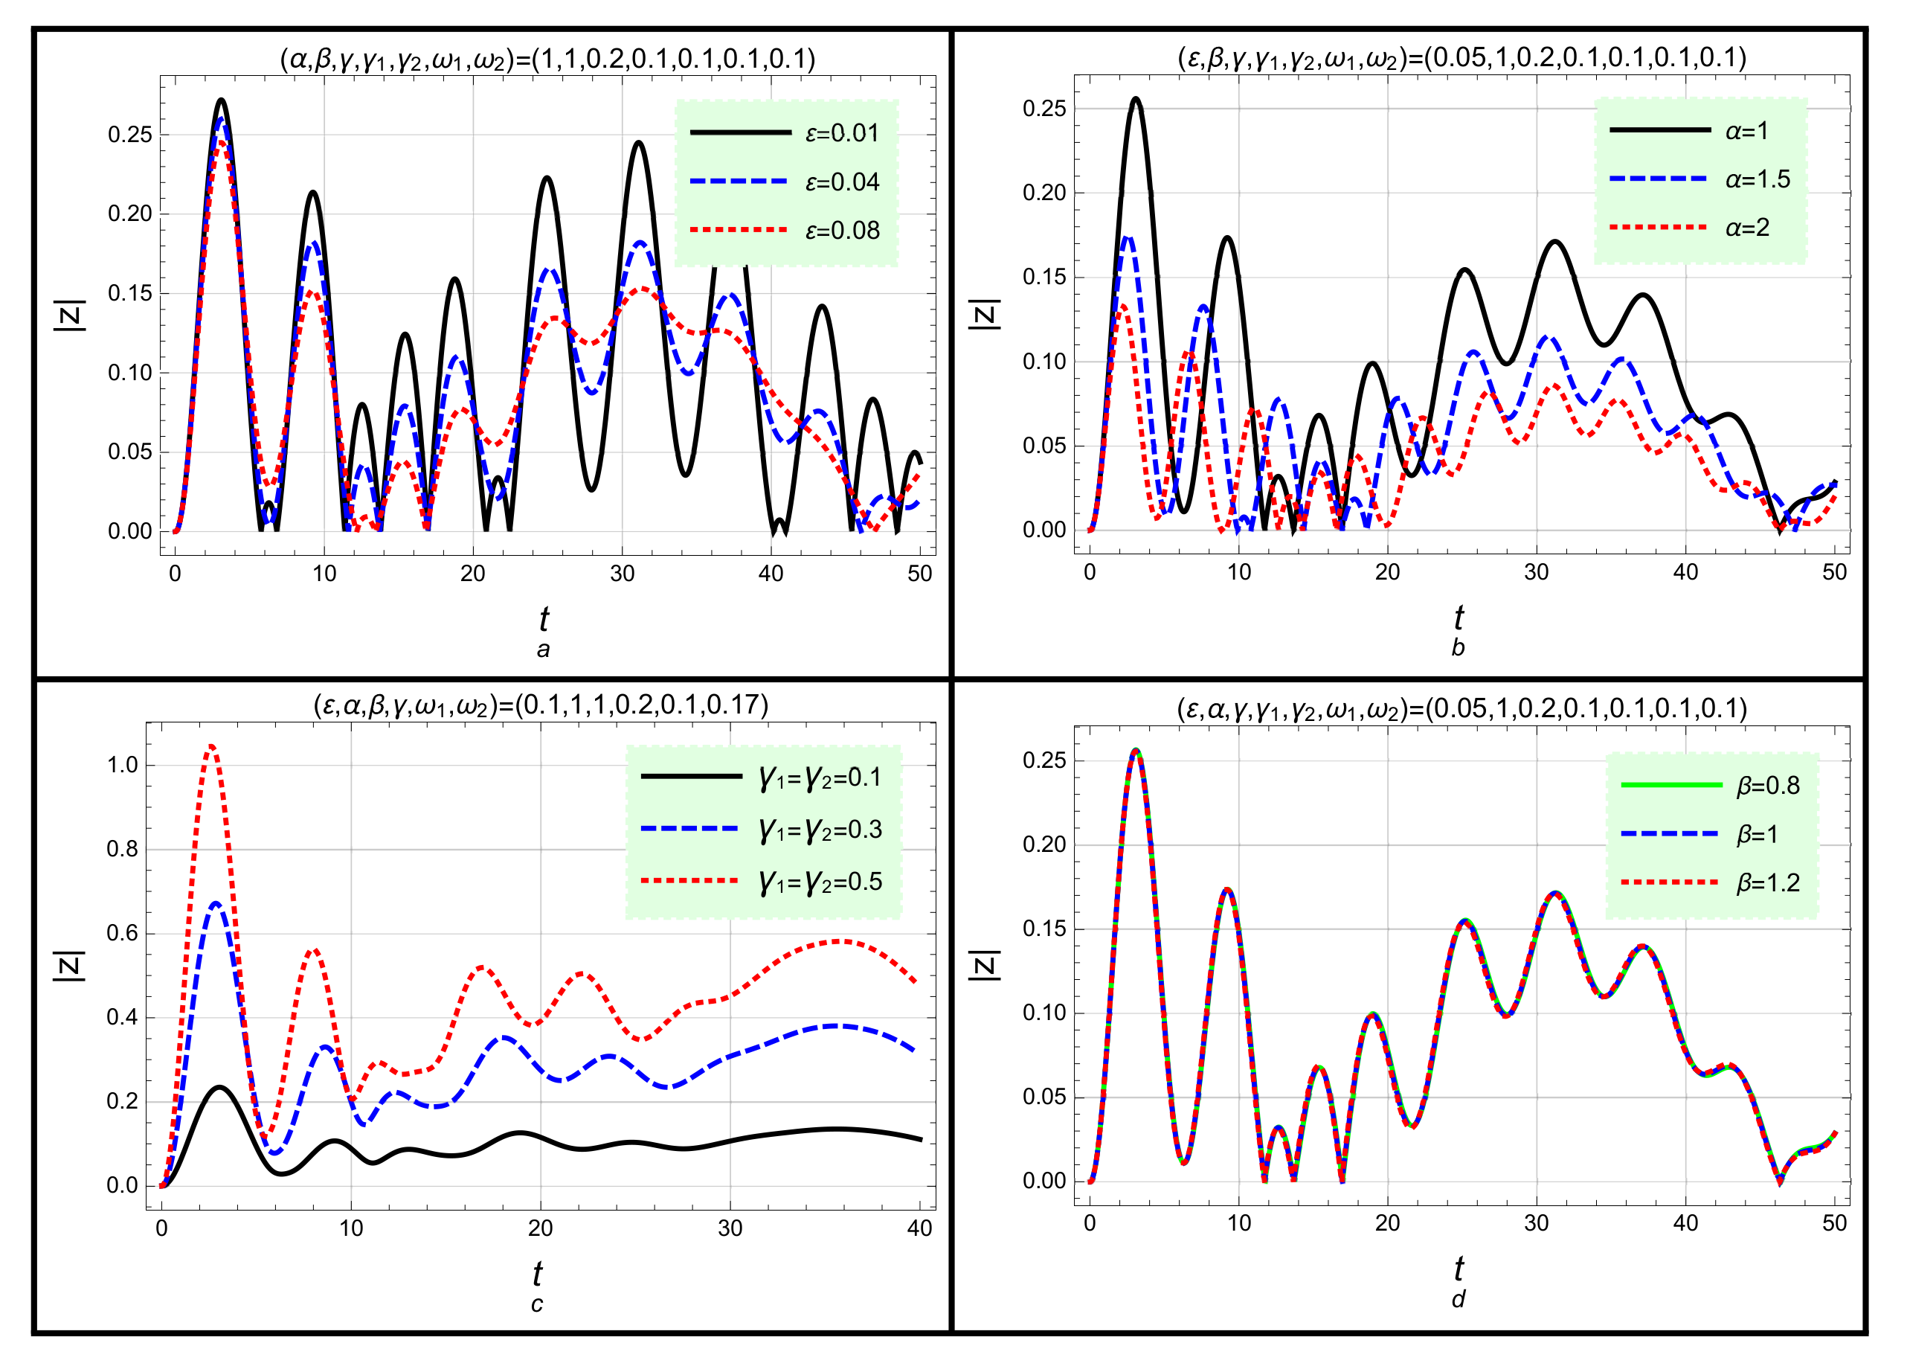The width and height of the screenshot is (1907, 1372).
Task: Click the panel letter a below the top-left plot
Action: [x=543, y=650]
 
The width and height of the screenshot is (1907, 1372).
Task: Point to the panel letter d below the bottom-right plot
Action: [x=1458, y=1300]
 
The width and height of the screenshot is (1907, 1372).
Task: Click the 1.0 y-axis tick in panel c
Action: [x=122, y=765]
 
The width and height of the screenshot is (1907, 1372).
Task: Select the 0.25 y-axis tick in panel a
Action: [x=129, y=135]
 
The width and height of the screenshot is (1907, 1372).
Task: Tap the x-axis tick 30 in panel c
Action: [x=729, y=1228]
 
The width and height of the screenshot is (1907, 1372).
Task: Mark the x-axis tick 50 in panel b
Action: [x=1834, y=572]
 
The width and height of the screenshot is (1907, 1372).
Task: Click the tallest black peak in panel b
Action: [x=1136, y=99]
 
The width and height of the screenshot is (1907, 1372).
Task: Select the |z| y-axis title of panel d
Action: [x=985, y=965]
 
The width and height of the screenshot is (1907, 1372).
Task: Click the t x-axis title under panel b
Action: [x=1458, y=618]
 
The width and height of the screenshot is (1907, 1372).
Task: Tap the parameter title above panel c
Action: [x=541, y=704]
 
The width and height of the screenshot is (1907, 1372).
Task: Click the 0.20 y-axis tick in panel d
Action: [x=1043, y=844]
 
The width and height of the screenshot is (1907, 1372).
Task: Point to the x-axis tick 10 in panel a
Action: [x=324, y=574]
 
